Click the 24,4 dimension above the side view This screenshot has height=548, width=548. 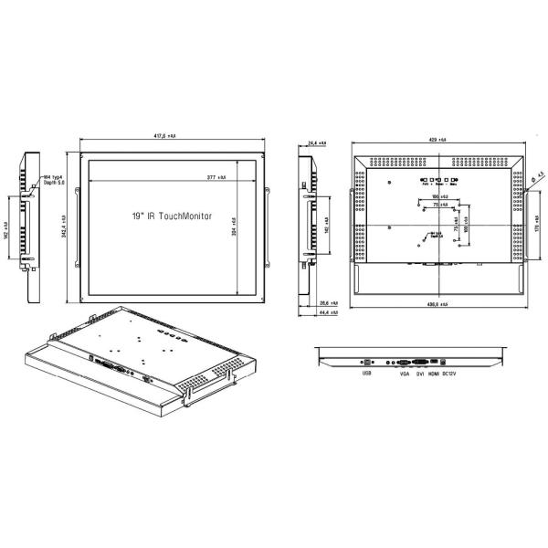[x=317, y=144]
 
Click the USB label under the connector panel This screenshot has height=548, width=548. [x=366, y=373]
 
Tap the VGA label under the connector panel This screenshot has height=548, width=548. [x=404, y=373]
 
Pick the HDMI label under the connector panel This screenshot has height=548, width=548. [x=434, y=373]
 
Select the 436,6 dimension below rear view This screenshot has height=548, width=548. [x=436, y=305]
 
